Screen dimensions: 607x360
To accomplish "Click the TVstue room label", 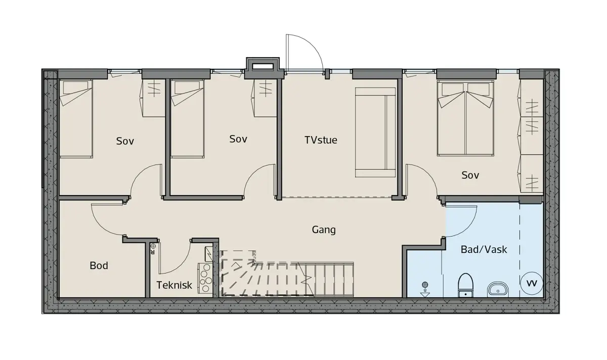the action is (321, 140).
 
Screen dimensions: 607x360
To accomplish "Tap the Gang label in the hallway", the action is (324, 230).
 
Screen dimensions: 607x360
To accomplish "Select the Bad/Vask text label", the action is (484, 249).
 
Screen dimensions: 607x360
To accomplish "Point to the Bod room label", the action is (99, 265).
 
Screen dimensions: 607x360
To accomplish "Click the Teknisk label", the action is (174, 285).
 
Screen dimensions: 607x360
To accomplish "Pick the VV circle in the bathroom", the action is (532, 283).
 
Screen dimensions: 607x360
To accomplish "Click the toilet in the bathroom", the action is (465, 285).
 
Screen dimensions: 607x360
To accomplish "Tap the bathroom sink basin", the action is (498, 290).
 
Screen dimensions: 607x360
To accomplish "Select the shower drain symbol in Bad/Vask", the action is (425, 290).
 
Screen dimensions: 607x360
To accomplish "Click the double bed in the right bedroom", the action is (465, 118).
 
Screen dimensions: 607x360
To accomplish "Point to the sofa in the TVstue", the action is (375, 132).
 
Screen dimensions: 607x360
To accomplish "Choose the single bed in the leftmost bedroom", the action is (76, 119).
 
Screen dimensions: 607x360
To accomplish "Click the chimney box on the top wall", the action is (263, 68).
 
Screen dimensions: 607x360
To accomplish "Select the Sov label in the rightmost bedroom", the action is (470, 175).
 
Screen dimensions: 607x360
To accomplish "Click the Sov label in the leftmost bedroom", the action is (125, 141).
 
